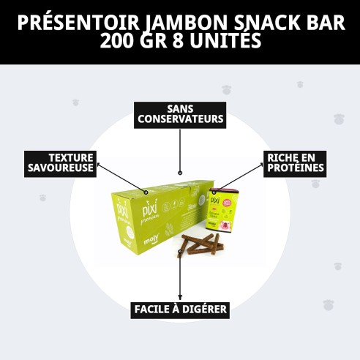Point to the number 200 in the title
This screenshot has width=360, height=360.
point(118,40)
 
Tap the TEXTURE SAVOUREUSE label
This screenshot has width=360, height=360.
point(62,163)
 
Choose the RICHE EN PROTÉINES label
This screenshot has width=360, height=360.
point(294,162)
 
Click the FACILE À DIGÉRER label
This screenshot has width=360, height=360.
point(180,310)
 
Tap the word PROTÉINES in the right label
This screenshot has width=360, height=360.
point(296,168)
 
